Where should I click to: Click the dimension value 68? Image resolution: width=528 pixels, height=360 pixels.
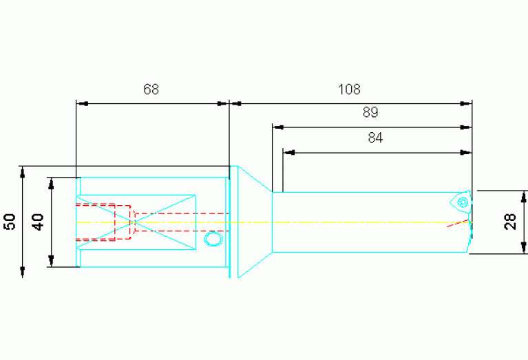pos(151,89)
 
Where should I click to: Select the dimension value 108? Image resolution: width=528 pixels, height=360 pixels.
pos(349,89)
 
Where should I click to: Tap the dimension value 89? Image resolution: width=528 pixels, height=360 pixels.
pos(370,112)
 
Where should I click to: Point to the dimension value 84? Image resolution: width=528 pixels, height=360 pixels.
pos(375,138)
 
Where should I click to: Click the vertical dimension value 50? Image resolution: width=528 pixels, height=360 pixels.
pos(11,222)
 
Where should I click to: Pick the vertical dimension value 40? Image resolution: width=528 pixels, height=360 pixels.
pos(38,222)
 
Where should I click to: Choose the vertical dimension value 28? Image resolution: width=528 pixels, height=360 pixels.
pos(511,222)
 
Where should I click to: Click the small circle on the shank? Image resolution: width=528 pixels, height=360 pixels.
pos(213,239)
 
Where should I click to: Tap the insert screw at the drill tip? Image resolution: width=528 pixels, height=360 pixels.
pos(463,202)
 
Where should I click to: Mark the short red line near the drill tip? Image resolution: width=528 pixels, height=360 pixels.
pos(458,223)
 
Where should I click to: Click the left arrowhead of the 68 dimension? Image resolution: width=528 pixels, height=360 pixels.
pos(82,104)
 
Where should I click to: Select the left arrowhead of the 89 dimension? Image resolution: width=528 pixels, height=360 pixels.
pos(278,127)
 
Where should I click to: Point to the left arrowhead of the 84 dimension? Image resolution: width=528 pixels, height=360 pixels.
pos(289,153)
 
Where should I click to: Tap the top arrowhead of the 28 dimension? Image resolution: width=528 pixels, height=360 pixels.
pos(523,196)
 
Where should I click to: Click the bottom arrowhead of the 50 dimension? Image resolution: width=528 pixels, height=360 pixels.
pos(23,272)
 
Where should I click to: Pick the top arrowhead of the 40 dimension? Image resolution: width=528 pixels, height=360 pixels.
pos(51,183)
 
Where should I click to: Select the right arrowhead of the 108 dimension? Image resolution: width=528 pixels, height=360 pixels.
pos(466,104)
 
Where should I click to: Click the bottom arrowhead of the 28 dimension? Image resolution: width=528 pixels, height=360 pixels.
pos(523,248)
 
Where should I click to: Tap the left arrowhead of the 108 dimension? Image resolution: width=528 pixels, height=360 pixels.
pos(235,104)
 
